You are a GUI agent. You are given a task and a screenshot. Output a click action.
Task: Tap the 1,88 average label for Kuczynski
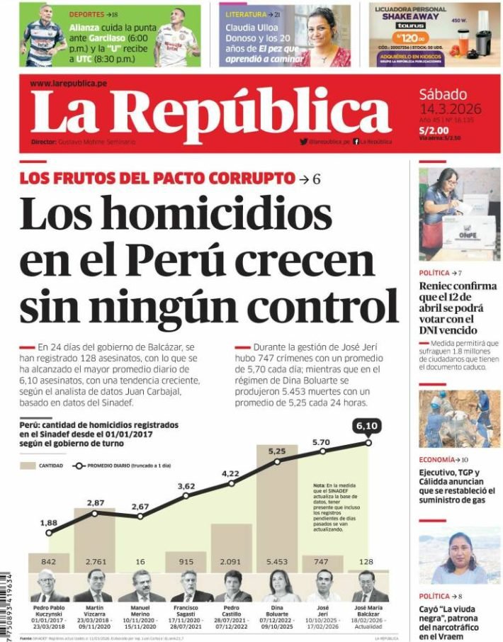(49, 523)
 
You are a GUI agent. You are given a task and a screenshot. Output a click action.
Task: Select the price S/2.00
(433, 130)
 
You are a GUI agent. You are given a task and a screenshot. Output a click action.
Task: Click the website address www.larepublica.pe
(68, 84)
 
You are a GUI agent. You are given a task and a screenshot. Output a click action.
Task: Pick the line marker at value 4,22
(231, 483)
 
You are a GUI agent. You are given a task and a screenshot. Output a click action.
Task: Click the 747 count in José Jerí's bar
(322, 561)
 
